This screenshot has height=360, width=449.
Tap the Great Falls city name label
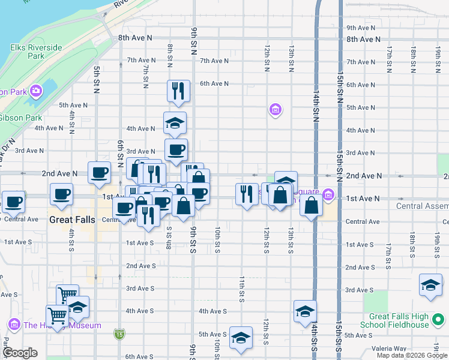coord(72,220)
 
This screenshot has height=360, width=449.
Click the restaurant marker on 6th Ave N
coord(178,91)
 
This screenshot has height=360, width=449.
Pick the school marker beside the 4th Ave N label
coord(175,122)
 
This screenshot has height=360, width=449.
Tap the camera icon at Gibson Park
coord(36,91)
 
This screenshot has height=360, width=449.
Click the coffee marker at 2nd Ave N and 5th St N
coord(100,172)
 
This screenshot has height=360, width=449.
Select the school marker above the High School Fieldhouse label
coord(431,285)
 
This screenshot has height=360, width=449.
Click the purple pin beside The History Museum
coord(14,325)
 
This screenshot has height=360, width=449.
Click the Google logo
coord(20,353)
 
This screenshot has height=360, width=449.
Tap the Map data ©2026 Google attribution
coord(412,355)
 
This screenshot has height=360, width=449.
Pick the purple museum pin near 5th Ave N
coord(276,109)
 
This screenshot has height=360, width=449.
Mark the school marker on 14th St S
coord(305,311)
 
